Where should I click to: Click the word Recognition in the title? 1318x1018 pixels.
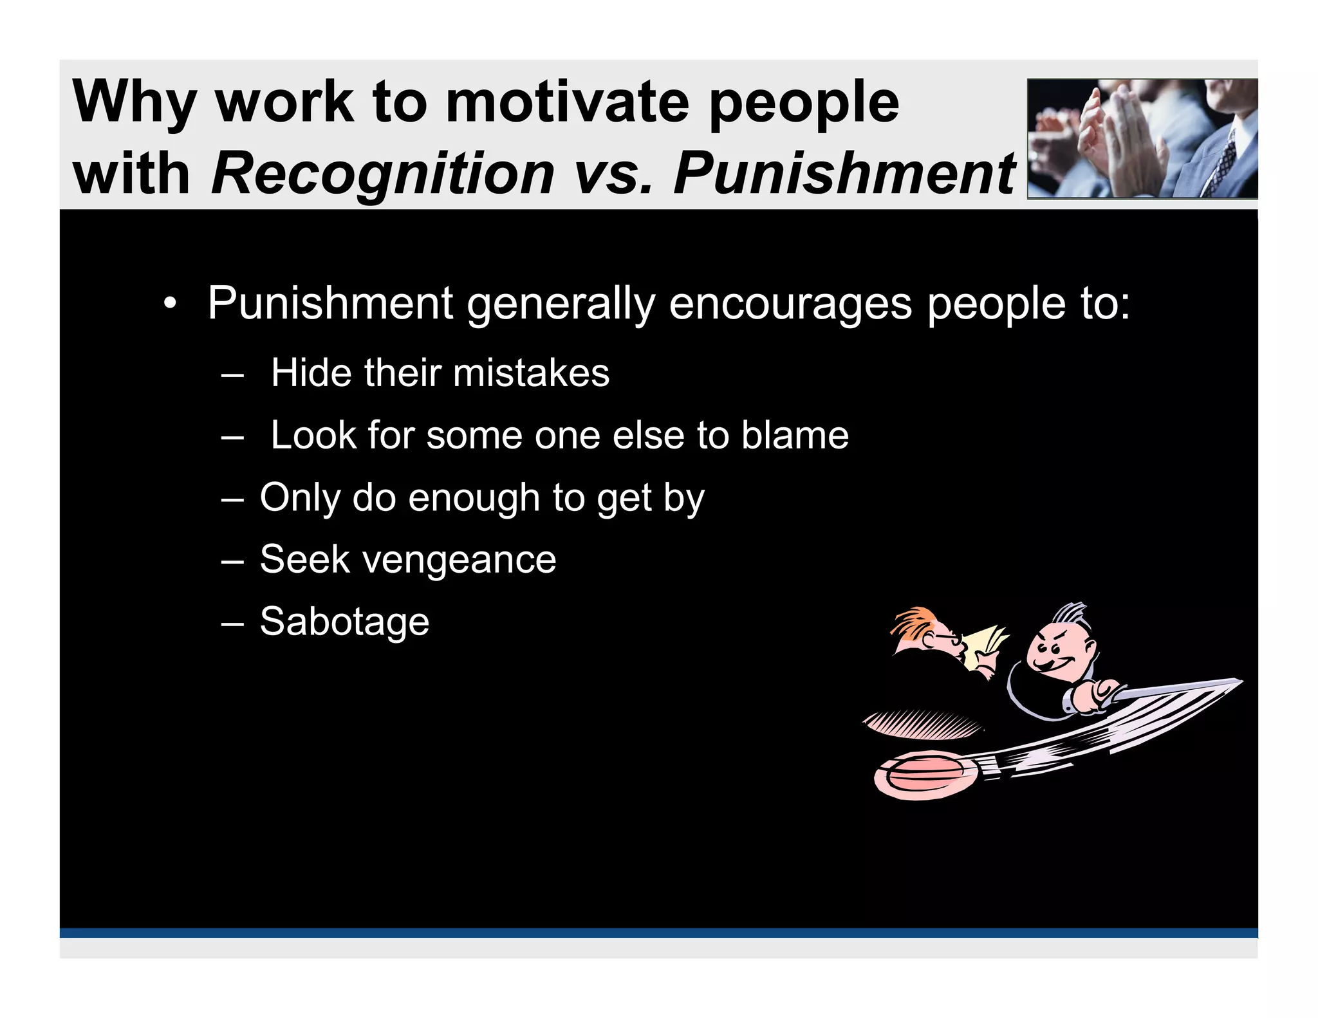[382, 174]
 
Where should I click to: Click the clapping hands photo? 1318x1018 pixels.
[1142, 138]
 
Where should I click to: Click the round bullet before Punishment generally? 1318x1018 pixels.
[169, 303]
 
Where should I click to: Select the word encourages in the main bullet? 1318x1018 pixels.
[790, 303]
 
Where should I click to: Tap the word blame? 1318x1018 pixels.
[794, 436]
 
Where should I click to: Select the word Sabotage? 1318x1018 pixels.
[344, 622]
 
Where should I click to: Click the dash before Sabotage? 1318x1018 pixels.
[232, 624]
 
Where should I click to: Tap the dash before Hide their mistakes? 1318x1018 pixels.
[232, 374]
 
